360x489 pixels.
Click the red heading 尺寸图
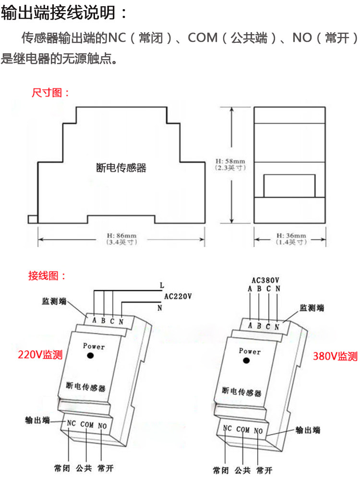50,93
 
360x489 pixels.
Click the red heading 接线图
47,276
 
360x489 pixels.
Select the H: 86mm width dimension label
122,239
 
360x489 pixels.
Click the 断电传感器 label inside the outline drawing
121,168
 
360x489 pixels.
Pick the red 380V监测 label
335,356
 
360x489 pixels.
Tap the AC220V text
178,296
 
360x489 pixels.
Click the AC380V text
265,280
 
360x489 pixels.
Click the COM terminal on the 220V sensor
87,424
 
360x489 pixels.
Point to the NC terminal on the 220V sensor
72,423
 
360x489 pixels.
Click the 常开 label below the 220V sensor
105,467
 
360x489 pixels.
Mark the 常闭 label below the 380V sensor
221,471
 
